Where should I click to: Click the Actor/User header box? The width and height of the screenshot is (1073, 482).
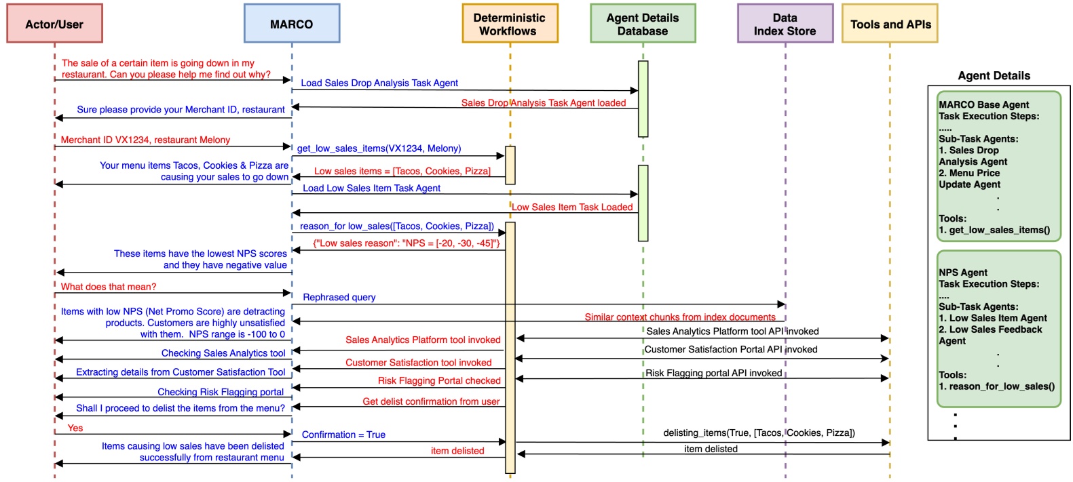(x=54, y=24)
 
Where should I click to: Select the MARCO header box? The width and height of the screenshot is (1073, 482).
(x=292, y=24)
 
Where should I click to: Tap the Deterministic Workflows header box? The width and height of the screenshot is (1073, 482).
(x=510, y=24)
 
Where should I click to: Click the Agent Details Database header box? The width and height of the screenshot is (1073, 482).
(x=643, y=24)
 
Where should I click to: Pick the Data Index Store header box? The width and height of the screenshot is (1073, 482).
(x=785, y=24)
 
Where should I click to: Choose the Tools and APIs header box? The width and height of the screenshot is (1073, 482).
(x=890, y=24)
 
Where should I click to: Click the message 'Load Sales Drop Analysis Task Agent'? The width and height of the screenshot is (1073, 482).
(x=379, y=83)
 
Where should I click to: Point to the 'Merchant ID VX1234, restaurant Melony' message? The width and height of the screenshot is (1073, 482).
(x=145, y=140)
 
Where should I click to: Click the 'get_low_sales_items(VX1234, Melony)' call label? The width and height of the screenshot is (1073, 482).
(x=379, y=148)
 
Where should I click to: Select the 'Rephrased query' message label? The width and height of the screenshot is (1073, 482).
(x=339, y=297)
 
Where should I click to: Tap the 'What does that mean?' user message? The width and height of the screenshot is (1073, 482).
(x=109, y=287)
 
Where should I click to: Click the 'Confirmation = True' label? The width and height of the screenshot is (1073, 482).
(x=343, y=435)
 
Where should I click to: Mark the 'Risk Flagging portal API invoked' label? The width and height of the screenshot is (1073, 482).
(x=714, y=373)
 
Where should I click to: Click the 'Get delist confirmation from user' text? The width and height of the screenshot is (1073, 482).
(x=431, y=401)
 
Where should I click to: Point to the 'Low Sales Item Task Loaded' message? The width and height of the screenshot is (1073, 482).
(x=572, y=207)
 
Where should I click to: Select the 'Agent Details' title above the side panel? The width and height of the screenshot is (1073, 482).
(x=994, y=76)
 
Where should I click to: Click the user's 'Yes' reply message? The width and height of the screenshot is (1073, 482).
(x=75, y=428)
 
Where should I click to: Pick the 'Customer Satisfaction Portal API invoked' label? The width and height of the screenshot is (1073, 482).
(x=731, y=349)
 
